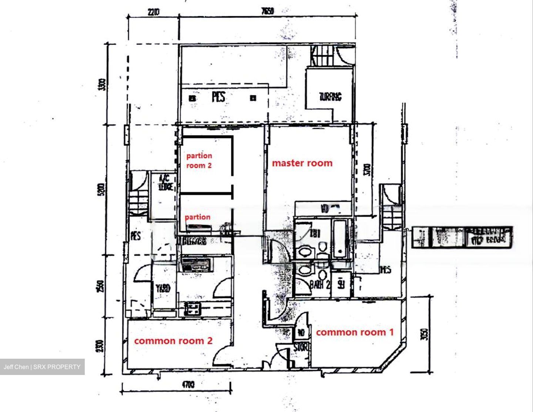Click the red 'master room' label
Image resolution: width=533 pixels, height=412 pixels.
click(x=302, y=163)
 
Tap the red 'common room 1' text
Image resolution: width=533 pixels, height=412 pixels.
click(x=355, y=332)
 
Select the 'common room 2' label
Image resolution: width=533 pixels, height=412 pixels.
click(x=173, y=341)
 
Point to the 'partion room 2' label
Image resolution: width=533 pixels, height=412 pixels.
click(x=199, y=161)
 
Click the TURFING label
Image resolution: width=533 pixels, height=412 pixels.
click(x=330, y=97)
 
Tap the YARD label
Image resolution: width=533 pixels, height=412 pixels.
click(x=163, y=288)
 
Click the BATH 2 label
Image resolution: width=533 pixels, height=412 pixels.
click(x=319, y=285)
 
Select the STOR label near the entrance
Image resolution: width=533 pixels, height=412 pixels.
click(x=301, y=348)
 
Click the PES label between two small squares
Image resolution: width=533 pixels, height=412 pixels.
click(x=219, y=97)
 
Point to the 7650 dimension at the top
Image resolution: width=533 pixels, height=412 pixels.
click(x=267, y=11)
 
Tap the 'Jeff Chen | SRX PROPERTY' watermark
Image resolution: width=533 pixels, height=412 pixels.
click(x=42, y=367)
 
